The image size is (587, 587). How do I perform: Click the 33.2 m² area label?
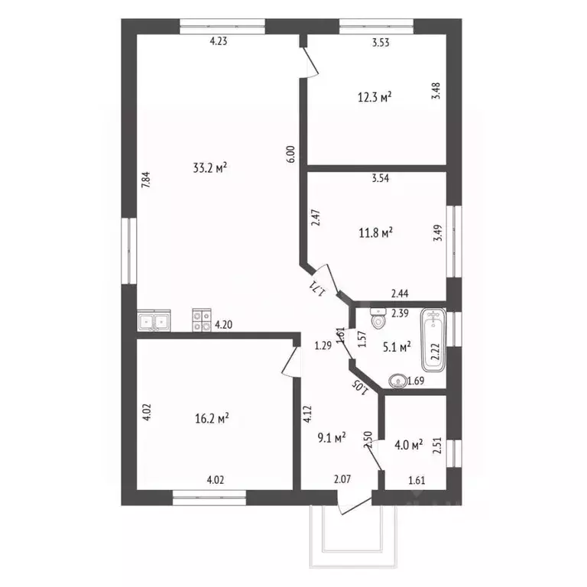tap(210, 167)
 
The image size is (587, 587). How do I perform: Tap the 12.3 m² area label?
tap(375, 98)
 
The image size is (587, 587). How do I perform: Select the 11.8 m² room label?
tap(375, 233)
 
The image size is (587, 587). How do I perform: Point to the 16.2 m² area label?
tap(212, 418)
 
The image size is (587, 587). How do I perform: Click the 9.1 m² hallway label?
tap(332, 437)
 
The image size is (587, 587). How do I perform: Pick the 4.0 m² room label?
tap(409, 445)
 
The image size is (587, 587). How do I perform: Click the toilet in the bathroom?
tap(378, 318)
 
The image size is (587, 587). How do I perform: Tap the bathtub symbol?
tap(433, 340)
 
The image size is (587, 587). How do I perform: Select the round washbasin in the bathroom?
tap(397, 381)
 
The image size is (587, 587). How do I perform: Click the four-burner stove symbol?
tap(202, 320)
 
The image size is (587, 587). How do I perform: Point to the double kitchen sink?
tap(154, 320)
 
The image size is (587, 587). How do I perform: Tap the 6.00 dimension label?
tap(292, 154)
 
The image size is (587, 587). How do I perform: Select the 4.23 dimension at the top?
tap(219, 41)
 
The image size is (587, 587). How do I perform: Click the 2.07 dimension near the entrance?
tap(342, 478)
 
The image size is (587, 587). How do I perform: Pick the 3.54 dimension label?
tap(381, 178)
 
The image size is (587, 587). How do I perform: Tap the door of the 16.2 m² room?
tap(292, 362)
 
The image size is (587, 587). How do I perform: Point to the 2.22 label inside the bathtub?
tap(435, 352)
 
